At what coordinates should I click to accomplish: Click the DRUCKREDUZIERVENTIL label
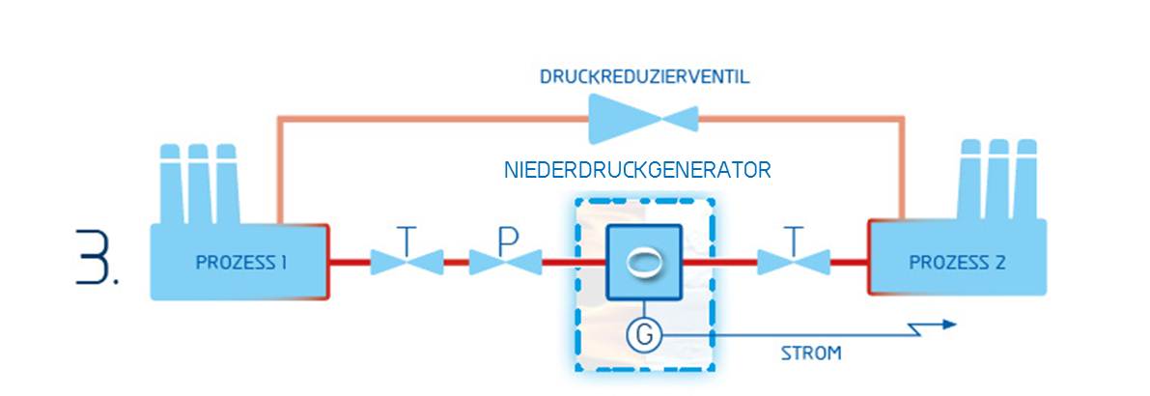[x=644, y=76]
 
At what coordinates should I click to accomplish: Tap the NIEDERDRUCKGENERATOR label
[x=637, y=171]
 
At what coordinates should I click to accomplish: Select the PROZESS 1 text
[x=240, y=262]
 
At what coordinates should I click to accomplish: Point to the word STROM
[x=810, y=354]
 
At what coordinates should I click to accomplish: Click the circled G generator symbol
[x=644, y=335]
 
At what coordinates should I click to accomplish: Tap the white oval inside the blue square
[x=643, y=263]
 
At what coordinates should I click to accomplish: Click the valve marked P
[x=505, y=261]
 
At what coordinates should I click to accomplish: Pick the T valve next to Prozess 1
[x=407, y=261]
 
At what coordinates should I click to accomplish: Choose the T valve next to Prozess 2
[x=794, y=261]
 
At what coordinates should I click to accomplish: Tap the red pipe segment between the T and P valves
[x=456, y=261]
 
